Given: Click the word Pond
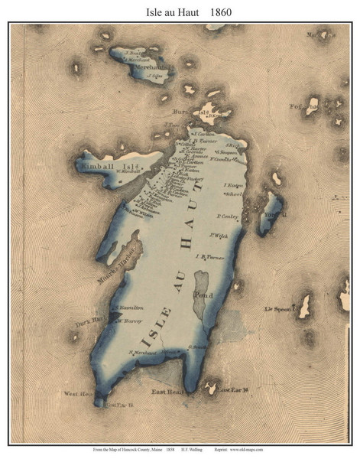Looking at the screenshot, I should (203, 294).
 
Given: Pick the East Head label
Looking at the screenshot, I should (167, 391).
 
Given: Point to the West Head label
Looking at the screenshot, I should (79, 394).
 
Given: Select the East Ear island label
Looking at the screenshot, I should (235, 391).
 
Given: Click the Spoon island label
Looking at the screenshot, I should (280, 309).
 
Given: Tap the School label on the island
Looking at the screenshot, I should (232, 195).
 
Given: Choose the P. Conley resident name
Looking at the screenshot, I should (229, 216).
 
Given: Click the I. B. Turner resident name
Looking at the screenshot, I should (212, 256).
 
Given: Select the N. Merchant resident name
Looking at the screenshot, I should (143, 353).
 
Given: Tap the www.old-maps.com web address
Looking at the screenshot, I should (246, 449).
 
